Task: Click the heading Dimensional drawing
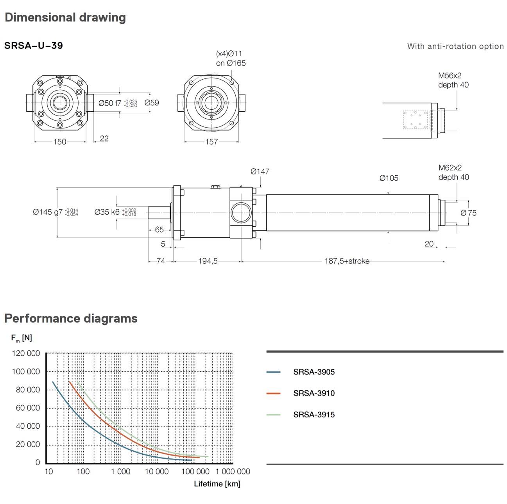(65, 18)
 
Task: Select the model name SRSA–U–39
(34, 46)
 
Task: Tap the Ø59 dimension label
(152, 103)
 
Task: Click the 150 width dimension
(59, 142)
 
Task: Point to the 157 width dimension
(211, 142)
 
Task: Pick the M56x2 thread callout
(450, 76)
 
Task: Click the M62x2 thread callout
(450, 168)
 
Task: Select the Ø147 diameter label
(260, 171)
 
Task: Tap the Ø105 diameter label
(389, 178)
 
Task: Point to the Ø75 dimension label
(468, 213)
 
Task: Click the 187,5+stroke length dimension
(347, 261)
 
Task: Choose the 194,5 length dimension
(208, 261)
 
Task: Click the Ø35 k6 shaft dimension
(107, 212)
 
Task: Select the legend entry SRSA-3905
(314, 372)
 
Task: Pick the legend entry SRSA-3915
(314, 415)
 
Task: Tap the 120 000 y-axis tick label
(26, 353)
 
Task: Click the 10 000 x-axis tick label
(157, 472)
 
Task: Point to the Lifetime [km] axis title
(217, 484)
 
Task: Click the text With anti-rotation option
(455, 46)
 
